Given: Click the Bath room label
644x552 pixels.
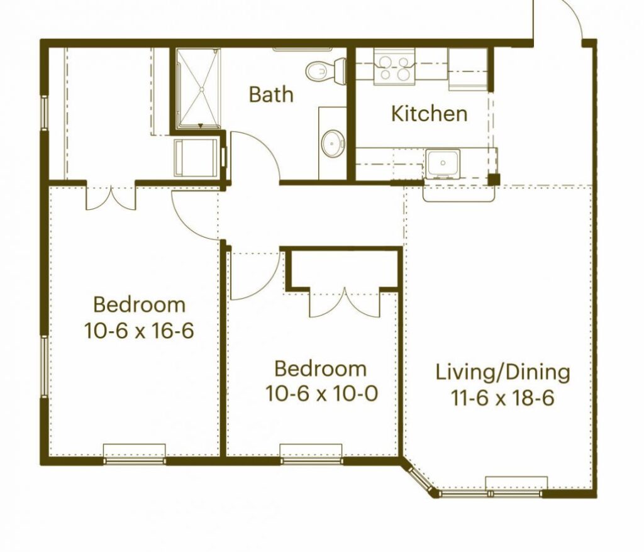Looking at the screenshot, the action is click(271, 94).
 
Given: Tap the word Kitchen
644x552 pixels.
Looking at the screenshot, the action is click(429, 113).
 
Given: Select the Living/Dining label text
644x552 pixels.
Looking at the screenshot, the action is click(502, 373).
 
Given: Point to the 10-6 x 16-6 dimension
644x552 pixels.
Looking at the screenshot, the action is click(139, 330).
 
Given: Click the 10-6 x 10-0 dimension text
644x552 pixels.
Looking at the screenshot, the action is click(321, 394).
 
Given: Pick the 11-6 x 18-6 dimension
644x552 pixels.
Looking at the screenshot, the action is click(502, 397).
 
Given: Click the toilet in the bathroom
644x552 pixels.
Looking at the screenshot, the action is click(326, 71).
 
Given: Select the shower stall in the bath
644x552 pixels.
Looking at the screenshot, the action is click(199, 88).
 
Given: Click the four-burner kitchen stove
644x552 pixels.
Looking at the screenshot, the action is click(394, 67).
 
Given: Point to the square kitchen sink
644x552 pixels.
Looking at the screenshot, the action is click(443, 163).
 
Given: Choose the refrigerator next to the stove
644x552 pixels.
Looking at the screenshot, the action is click(468, 69).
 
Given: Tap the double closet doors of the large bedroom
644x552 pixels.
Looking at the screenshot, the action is click(111, 198).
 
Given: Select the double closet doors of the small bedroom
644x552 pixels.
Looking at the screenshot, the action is click(345, 302).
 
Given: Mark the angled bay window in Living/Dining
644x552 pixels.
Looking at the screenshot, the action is click(418, 478).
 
